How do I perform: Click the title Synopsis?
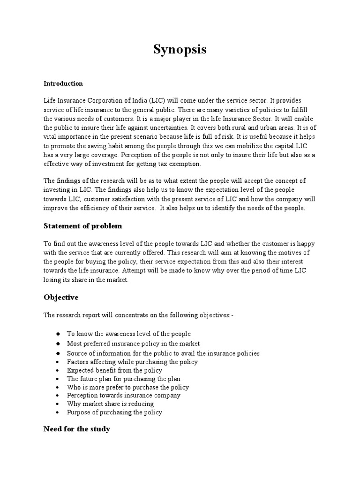[x=180, y=50]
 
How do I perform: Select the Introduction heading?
[x=63, y=83]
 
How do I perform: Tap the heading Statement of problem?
[x=82, y=226]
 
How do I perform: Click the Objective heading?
[x=61, y=297]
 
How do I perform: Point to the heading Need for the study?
[x=76, y=429]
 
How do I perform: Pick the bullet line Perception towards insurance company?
[x=123, y=396]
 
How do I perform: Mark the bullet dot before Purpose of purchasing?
[x=57, y=413]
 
